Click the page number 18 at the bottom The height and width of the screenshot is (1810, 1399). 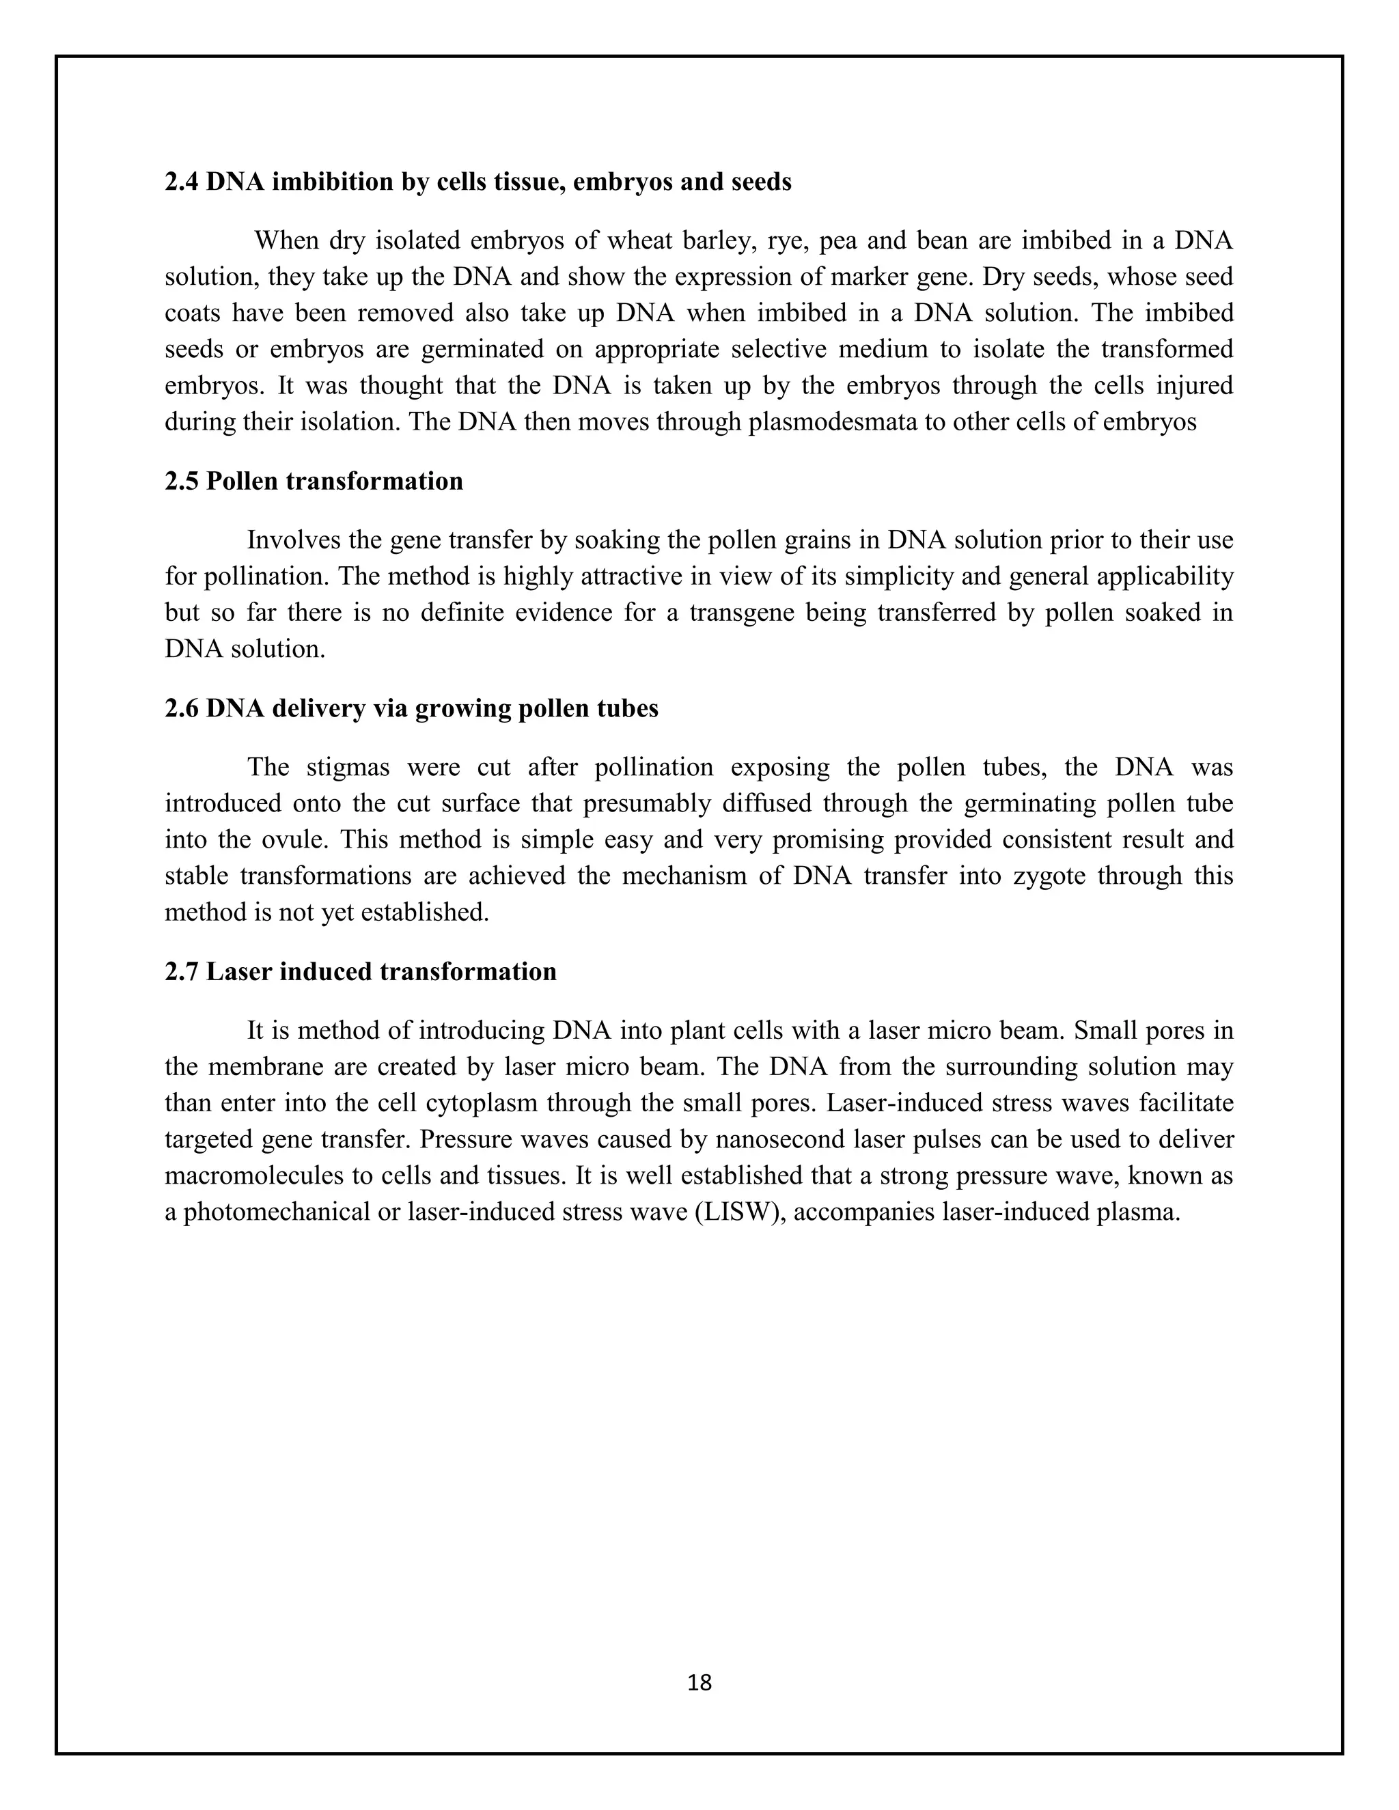pos(699,1682)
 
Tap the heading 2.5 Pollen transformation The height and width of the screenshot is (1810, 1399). pos(314,481)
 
